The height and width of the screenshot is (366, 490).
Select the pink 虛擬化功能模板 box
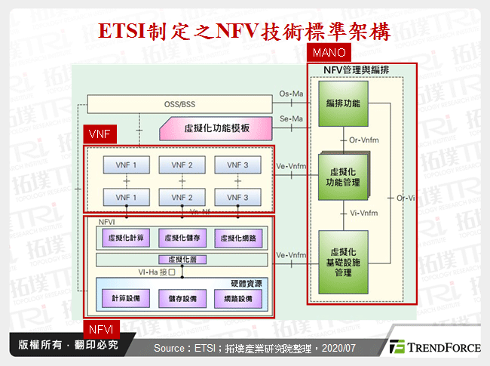click(x=216, y=128)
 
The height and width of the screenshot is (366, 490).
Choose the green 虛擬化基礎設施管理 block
click(x=343, y=261)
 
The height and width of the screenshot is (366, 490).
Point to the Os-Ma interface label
click(x=291, y=94)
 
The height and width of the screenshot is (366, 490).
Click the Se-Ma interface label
click(x=291, y=118)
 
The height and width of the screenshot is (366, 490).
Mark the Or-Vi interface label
click(x=406, y=198)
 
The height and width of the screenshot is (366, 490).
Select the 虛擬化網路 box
click(x=237, y=238)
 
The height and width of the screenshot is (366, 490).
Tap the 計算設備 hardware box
click(x=124, y=299)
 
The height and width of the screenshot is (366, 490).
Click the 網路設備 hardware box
click(x=237, y=299)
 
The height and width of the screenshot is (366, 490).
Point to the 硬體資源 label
click(x=245, y=283)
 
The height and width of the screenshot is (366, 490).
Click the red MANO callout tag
click(x=329, y=53)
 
